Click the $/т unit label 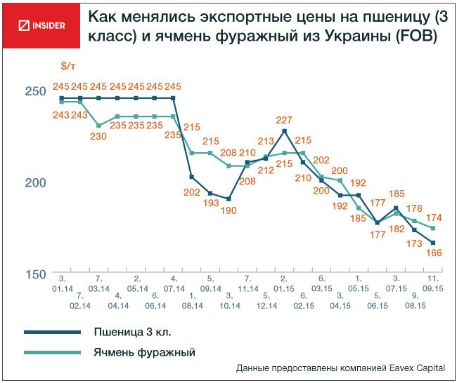(68, 66)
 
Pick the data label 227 (284, 120)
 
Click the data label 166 (434, 253)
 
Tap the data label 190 (228, 210)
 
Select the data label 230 (98, 137)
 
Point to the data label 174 (434, 217)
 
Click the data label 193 (209, 204)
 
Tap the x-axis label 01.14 (61, 288)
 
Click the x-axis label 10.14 (228, 306)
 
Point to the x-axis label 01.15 (284, 288)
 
